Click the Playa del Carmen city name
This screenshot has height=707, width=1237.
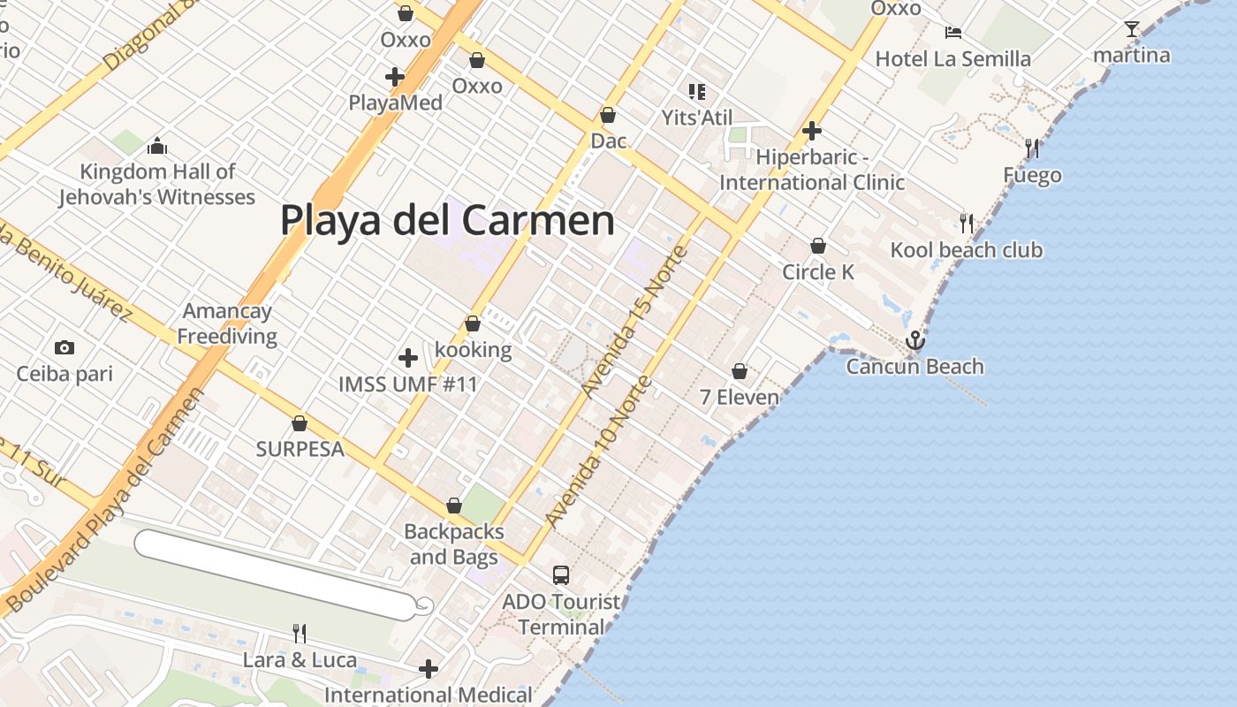(447, 220)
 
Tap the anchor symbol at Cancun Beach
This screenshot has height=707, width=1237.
(915, 340)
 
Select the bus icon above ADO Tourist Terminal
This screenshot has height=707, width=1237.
(560, 575)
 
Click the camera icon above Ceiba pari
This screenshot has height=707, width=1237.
(64, 347)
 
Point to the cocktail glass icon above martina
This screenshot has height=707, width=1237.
(1132, 29)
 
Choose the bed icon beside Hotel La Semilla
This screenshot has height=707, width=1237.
(952, 33)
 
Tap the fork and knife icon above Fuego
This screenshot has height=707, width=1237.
(1031, 148)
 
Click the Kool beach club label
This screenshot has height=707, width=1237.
(966, 250)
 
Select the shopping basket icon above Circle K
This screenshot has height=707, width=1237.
(818, 245)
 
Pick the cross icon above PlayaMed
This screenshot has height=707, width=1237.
(395, 77)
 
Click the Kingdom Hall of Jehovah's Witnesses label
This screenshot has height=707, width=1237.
(157, 184)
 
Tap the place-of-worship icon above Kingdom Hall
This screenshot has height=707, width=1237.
(157, 145)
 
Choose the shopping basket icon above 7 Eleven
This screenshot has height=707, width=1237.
(740, 371)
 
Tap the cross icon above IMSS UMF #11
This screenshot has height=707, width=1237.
(407, 358)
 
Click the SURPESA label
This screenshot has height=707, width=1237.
(300, 449)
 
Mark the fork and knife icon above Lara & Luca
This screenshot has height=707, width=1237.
(300, 633)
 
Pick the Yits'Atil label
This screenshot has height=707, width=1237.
(697, 117)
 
